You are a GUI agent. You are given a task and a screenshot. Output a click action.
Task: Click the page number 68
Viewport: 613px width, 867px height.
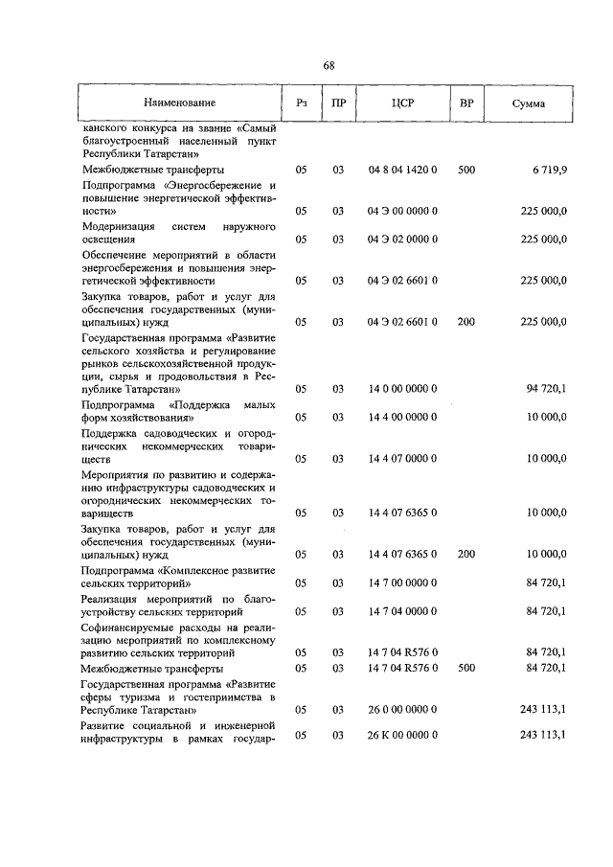(x=329, y=65)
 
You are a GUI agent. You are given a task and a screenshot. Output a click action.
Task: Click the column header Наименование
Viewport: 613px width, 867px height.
(x=180, y=102)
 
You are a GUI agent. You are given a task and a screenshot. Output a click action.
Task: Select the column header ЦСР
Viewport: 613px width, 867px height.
(x=402, y=102)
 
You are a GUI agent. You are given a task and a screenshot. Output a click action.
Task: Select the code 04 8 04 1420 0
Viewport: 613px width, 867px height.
(x=402, y=170)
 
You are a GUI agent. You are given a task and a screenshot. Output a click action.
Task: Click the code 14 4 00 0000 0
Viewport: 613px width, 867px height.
(x=402, y=418)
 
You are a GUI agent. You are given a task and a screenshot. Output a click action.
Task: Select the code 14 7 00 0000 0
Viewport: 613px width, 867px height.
(x=402, y=582)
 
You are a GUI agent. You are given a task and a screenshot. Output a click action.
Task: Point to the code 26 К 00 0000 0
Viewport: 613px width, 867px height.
(x=402, y=735)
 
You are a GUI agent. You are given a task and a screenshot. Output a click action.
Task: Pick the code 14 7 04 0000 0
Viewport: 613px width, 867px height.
(x=402, y=610)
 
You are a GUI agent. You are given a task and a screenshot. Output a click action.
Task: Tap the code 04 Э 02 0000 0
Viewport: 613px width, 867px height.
(x=402, y=240)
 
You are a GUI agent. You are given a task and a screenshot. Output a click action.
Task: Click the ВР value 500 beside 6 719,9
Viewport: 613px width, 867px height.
(x=466, y=170)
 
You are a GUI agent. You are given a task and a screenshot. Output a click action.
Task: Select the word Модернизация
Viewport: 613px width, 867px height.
(x=118, y=226)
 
